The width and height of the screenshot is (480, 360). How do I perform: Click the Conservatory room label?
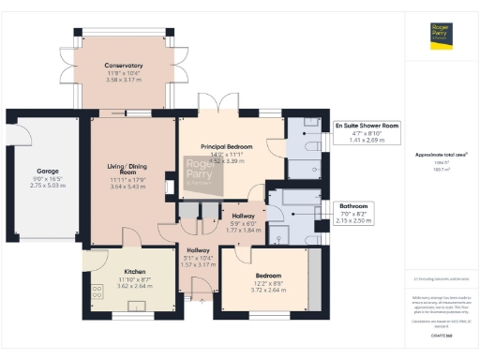click(123, 66)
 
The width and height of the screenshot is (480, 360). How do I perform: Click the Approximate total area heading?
click(441, 154)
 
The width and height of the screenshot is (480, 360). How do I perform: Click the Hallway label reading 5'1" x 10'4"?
click(198, 258)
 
